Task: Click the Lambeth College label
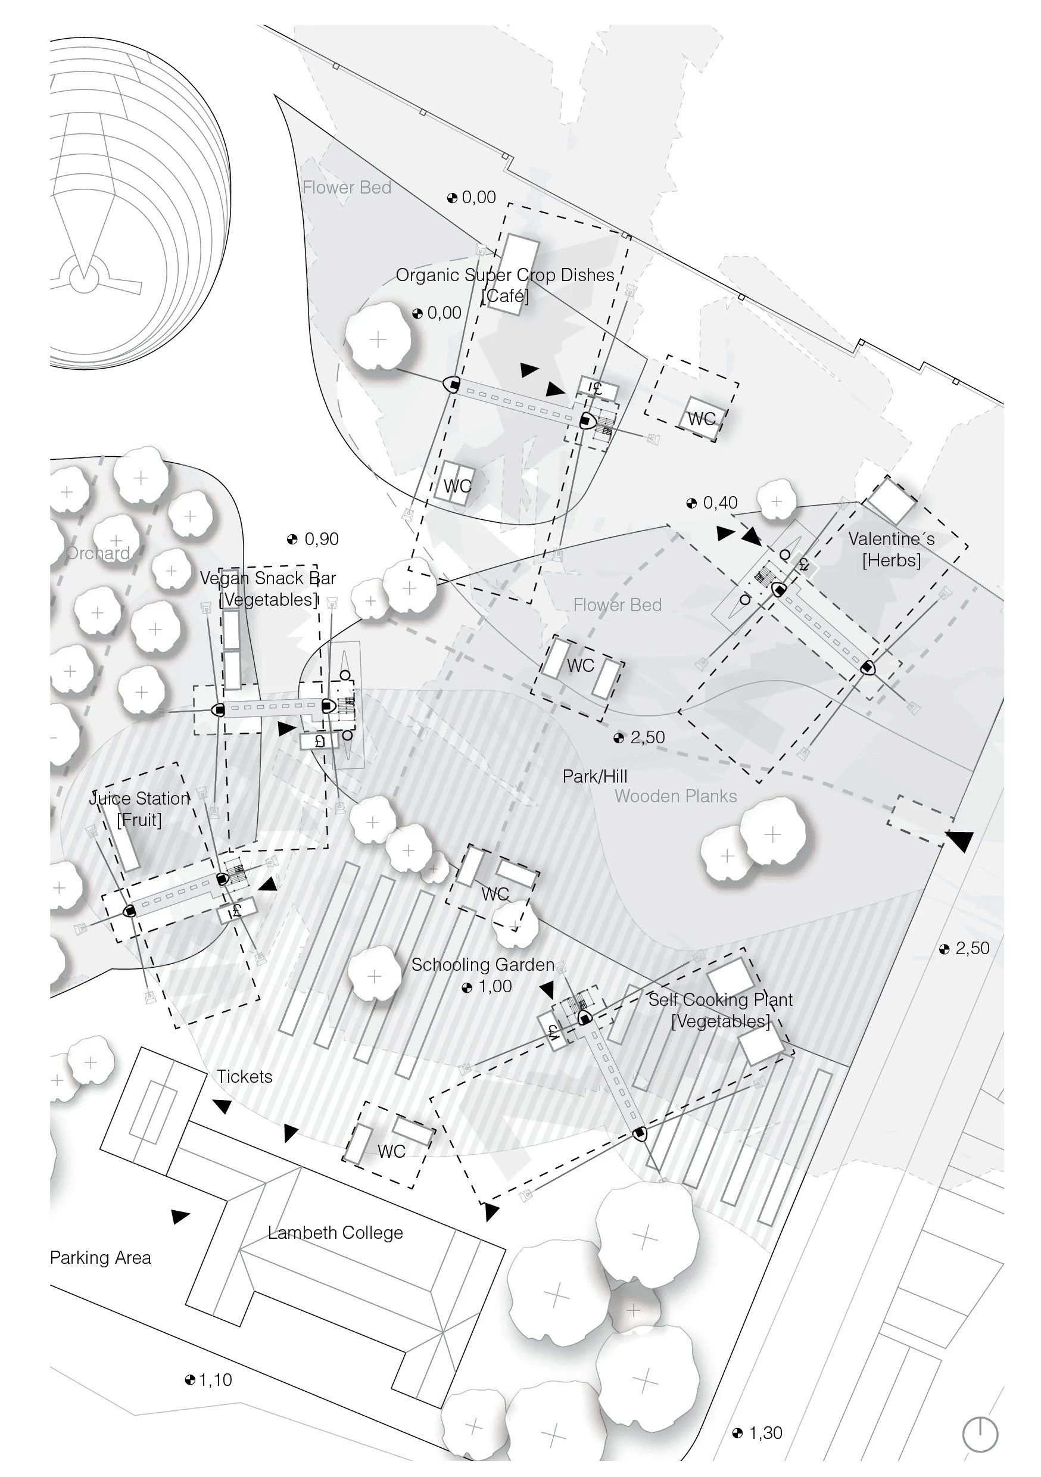[335, 1233]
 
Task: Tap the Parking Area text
[101, 1258]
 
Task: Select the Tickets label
[245, 1077]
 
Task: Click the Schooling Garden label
[482, 965]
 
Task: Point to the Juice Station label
[139, 809]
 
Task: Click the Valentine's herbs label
[891, 549]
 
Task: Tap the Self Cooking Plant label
[721, 1010]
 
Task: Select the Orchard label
[98, 553]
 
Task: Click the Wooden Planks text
[675, 796]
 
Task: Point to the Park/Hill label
[594, 777]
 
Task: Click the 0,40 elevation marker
[712, 503]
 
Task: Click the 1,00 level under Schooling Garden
[487, 987]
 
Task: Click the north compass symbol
[979, 1434]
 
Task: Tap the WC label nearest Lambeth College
[391, 1151]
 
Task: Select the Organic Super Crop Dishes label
[505, 275]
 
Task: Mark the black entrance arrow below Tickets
[223, 1107]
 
